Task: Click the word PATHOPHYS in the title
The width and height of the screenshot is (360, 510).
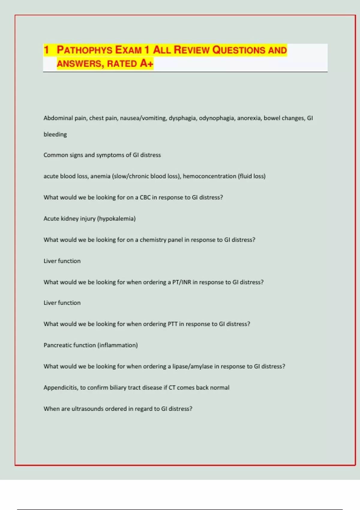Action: point(85,50)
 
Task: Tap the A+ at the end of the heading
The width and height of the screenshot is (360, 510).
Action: point(146,64)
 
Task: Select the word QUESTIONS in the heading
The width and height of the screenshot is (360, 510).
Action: point(239,50)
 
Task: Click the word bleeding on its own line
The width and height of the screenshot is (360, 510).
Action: point(55,134)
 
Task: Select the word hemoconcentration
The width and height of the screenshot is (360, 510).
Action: point(209,176)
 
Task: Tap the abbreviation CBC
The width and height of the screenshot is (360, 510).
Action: point(145,197)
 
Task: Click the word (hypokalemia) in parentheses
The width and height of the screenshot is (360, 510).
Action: point(116,219)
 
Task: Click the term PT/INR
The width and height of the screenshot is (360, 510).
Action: point(181,282)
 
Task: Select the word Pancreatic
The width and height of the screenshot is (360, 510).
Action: point(57,345)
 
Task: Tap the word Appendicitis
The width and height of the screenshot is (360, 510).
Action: point(61,388)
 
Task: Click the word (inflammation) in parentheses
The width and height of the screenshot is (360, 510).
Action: point(118,345)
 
